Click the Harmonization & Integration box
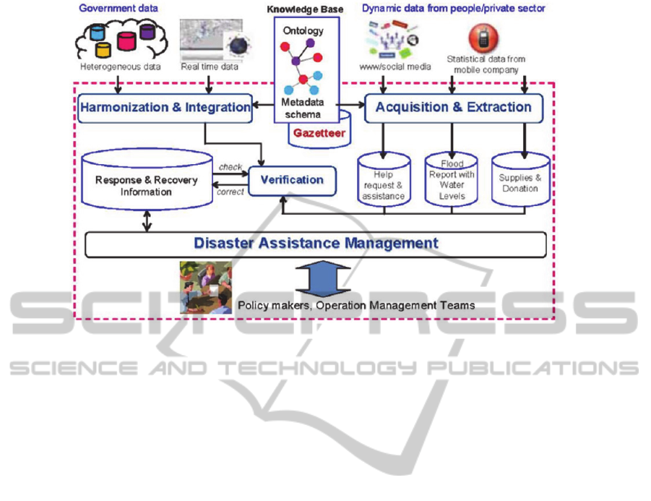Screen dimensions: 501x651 coord(165,108)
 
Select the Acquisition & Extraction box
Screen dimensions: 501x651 coord(452,108)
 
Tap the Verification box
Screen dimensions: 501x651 coord(292,180)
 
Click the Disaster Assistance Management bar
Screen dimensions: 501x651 coord(316,244)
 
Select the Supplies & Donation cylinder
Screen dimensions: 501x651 coord(519,183)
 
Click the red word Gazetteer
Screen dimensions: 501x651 coord(319,133)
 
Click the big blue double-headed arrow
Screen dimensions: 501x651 coord(323,279)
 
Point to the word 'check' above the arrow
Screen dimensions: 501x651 coord(230,167)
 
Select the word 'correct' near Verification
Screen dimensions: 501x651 coord(231,192)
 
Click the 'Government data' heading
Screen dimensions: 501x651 coord(118,9)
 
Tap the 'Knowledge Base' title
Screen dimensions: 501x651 coord(306,9)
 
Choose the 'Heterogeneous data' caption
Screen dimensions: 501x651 coord(119,67)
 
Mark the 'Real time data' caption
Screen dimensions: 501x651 coord(209,67)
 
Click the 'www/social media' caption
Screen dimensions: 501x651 coord(395,67)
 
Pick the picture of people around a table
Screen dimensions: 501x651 coord(205,287)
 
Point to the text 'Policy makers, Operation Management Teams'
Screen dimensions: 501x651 coord(357,306)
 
